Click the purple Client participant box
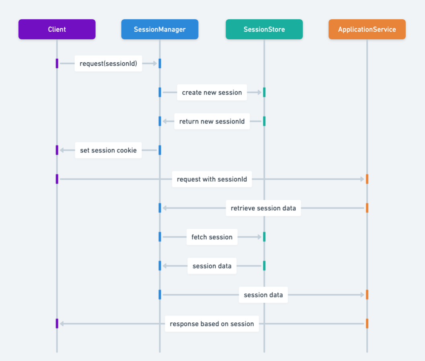[x=57, y=29]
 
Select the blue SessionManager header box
[x=160, y=29]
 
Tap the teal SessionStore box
[x=264, y=29]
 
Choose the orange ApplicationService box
[x=367, y=29]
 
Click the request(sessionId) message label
[x=108, y=64]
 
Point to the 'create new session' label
[x=212, y=92]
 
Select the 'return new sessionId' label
[x=212, y=121]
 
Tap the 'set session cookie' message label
[x=108, y=150]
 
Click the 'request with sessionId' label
[x=212, y=179]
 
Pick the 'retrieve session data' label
[x=263, y=208]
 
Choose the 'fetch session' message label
[x=212, y=237]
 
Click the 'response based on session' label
[x=212, y=324]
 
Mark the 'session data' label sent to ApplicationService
[x=263, y=295]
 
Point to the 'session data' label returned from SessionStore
[x=212, y=266]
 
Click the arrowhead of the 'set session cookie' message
[x=62, y=150]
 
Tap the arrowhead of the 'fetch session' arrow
[x=259, y=237]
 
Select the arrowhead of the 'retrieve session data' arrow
[x=165, y=208]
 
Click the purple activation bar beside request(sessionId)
[x=57, y=64]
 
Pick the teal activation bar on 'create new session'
[x=264, y=92]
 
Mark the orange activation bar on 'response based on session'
[x=367, y=324]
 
